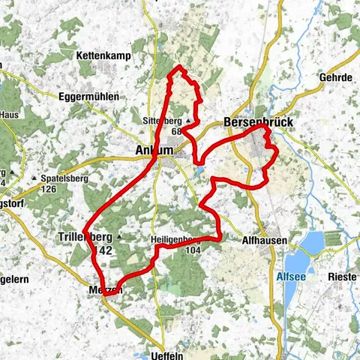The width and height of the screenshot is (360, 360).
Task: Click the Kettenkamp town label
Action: [x=100, y=55]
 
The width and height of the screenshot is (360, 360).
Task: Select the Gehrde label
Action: [x=337, y=77]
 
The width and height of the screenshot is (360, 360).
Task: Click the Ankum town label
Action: [x=154, y=151]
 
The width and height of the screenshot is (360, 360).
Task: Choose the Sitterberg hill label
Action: [x=162, y=120]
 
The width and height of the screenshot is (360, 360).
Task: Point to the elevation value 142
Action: [x=103, y=250]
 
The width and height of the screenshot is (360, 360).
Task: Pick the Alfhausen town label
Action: [x=263, y=239]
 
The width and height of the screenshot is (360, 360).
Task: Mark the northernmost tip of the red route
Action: [x=178, y=68]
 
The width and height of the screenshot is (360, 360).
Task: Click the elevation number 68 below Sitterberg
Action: [x=177, y=130]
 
